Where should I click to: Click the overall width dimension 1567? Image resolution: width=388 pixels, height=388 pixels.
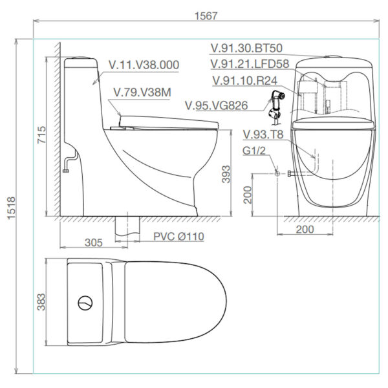click(206, 16)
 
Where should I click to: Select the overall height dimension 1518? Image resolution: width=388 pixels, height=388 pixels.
click(11, 208)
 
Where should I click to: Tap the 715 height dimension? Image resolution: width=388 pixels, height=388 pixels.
click(41, 135)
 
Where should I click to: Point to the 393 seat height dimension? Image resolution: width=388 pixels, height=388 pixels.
click(226, 175)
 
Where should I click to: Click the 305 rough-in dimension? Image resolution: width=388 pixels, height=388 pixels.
click(94, 242)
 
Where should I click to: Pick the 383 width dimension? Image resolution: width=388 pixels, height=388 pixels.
click(41, 302)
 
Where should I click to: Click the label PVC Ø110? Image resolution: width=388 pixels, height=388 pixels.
click(178, 237)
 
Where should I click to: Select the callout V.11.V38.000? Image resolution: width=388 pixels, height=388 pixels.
click(144, 65)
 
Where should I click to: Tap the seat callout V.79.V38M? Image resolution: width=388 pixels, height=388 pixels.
click(142, 92)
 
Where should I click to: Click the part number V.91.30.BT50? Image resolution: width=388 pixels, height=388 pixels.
click(246, 48)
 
